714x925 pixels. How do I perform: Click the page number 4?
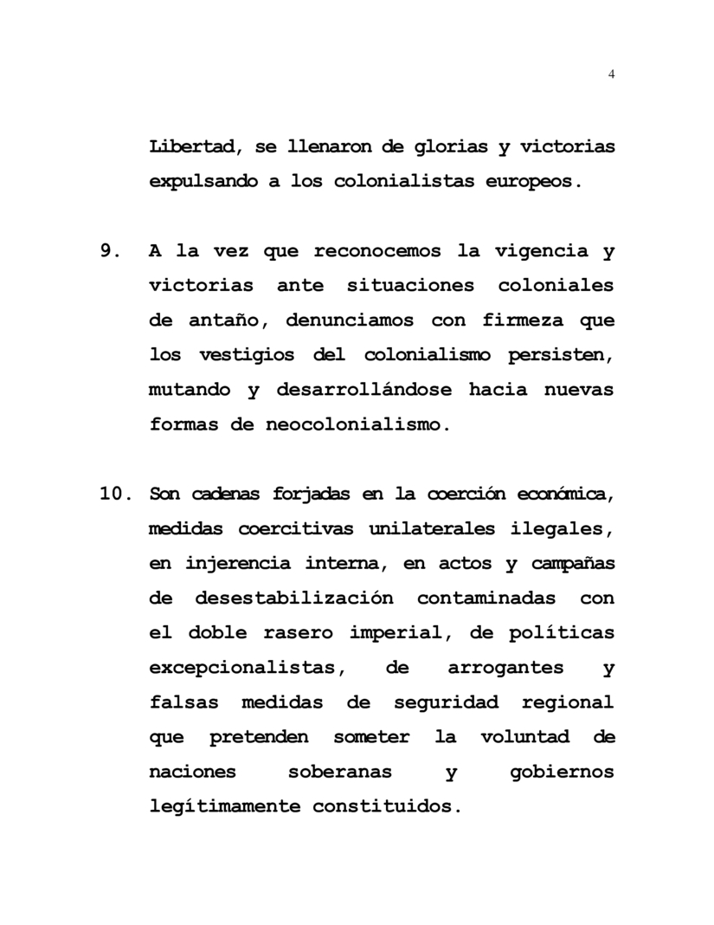click(x=612, y=74)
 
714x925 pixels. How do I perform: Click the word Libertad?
click(x=190, y=146)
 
